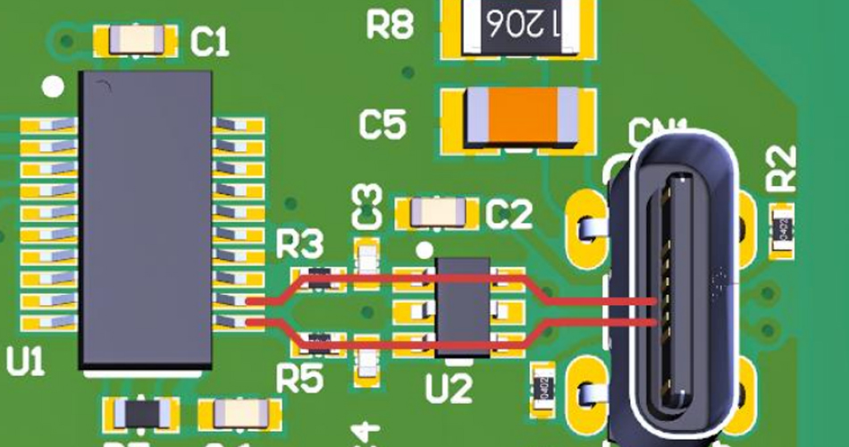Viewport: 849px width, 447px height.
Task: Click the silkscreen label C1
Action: [x=211, y=40]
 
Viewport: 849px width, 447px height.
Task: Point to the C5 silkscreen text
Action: [x=382, y=125]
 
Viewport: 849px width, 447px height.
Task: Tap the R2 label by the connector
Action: [x=782, y=168]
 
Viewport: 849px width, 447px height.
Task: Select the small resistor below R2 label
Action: [x=784, y=228]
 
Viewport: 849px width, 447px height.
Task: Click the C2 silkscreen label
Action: [x=510, y=214]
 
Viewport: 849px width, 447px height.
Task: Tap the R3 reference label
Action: [x=300, y=244]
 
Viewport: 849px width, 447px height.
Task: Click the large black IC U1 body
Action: [x=146, y=219]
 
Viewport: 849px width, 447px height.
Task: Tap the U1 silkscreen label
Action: [x=25, y=361]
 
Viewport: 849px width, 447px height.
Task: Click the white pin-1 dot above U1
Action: [x=54, y=87]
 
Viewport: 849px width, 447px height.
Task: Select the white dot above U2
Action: [x=424, y=249]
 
